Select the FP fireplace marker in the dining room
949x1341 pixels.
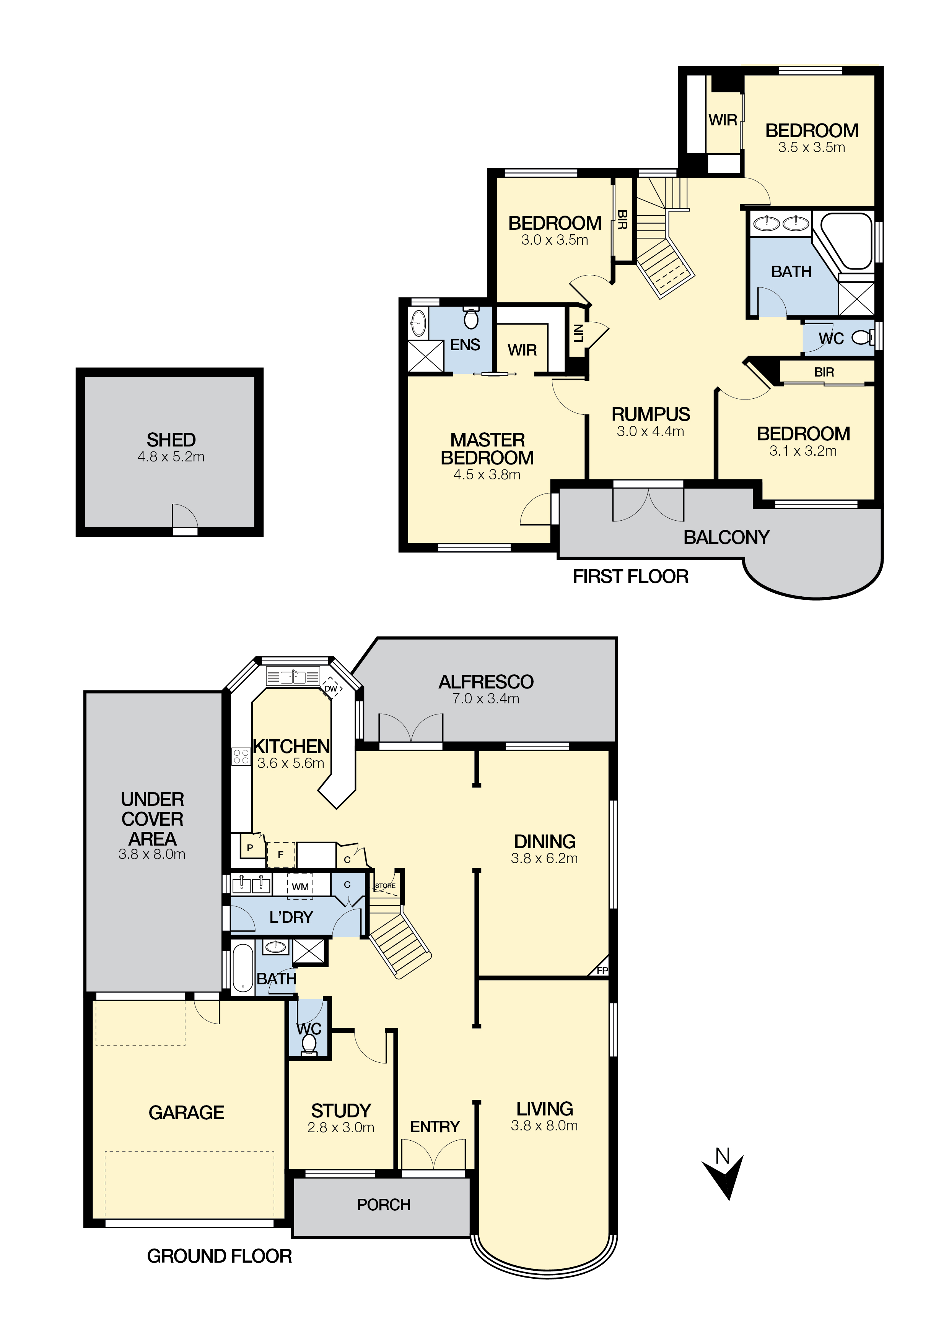(x=602, y=970)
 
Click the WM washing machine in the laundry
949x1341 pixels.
(x=300, y=886)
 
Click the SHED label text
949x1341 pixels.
(x=171, y=439)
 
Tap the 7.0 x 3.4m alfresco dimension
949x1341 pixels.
(x=486, y=698)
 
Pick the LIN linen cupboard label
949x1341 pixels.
(x=578, y=333)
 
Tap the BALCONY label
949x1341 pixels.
(x=726, y=537)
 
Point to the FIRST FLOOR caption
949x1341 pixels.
(x=630, y=576)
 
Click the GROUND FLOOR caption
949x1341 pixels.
(x=219, y=1256)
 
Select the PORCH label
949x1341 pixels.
(x=384, y=1205)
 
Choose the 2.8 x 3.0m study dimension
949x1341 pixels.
(x=341, y=1128)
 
